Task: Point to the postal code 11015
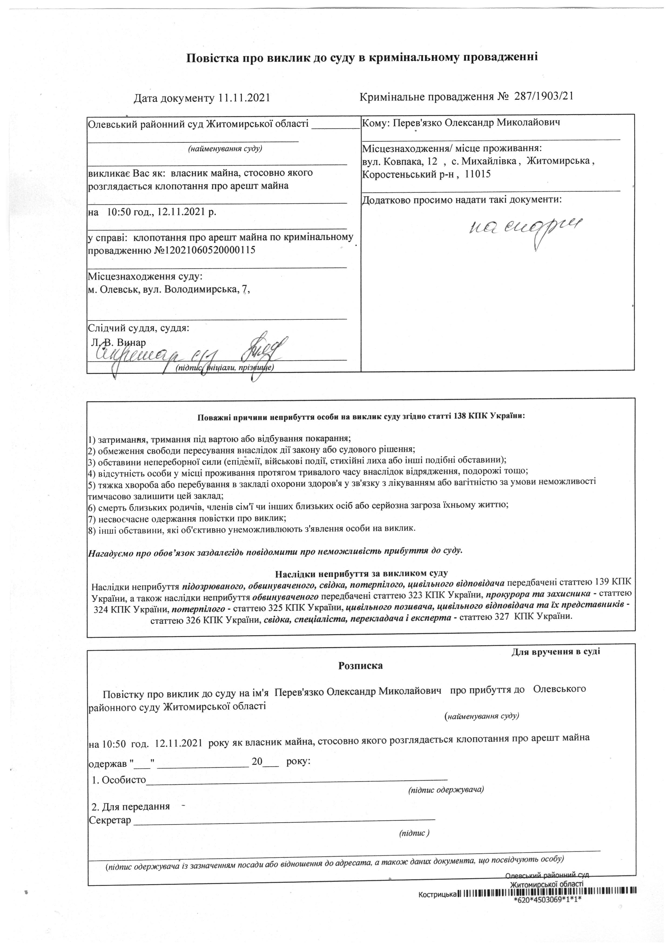pyautogui.click(x=477, y=174)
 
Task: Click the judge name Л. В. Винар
pyautogui.click(x=118, y=342)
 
